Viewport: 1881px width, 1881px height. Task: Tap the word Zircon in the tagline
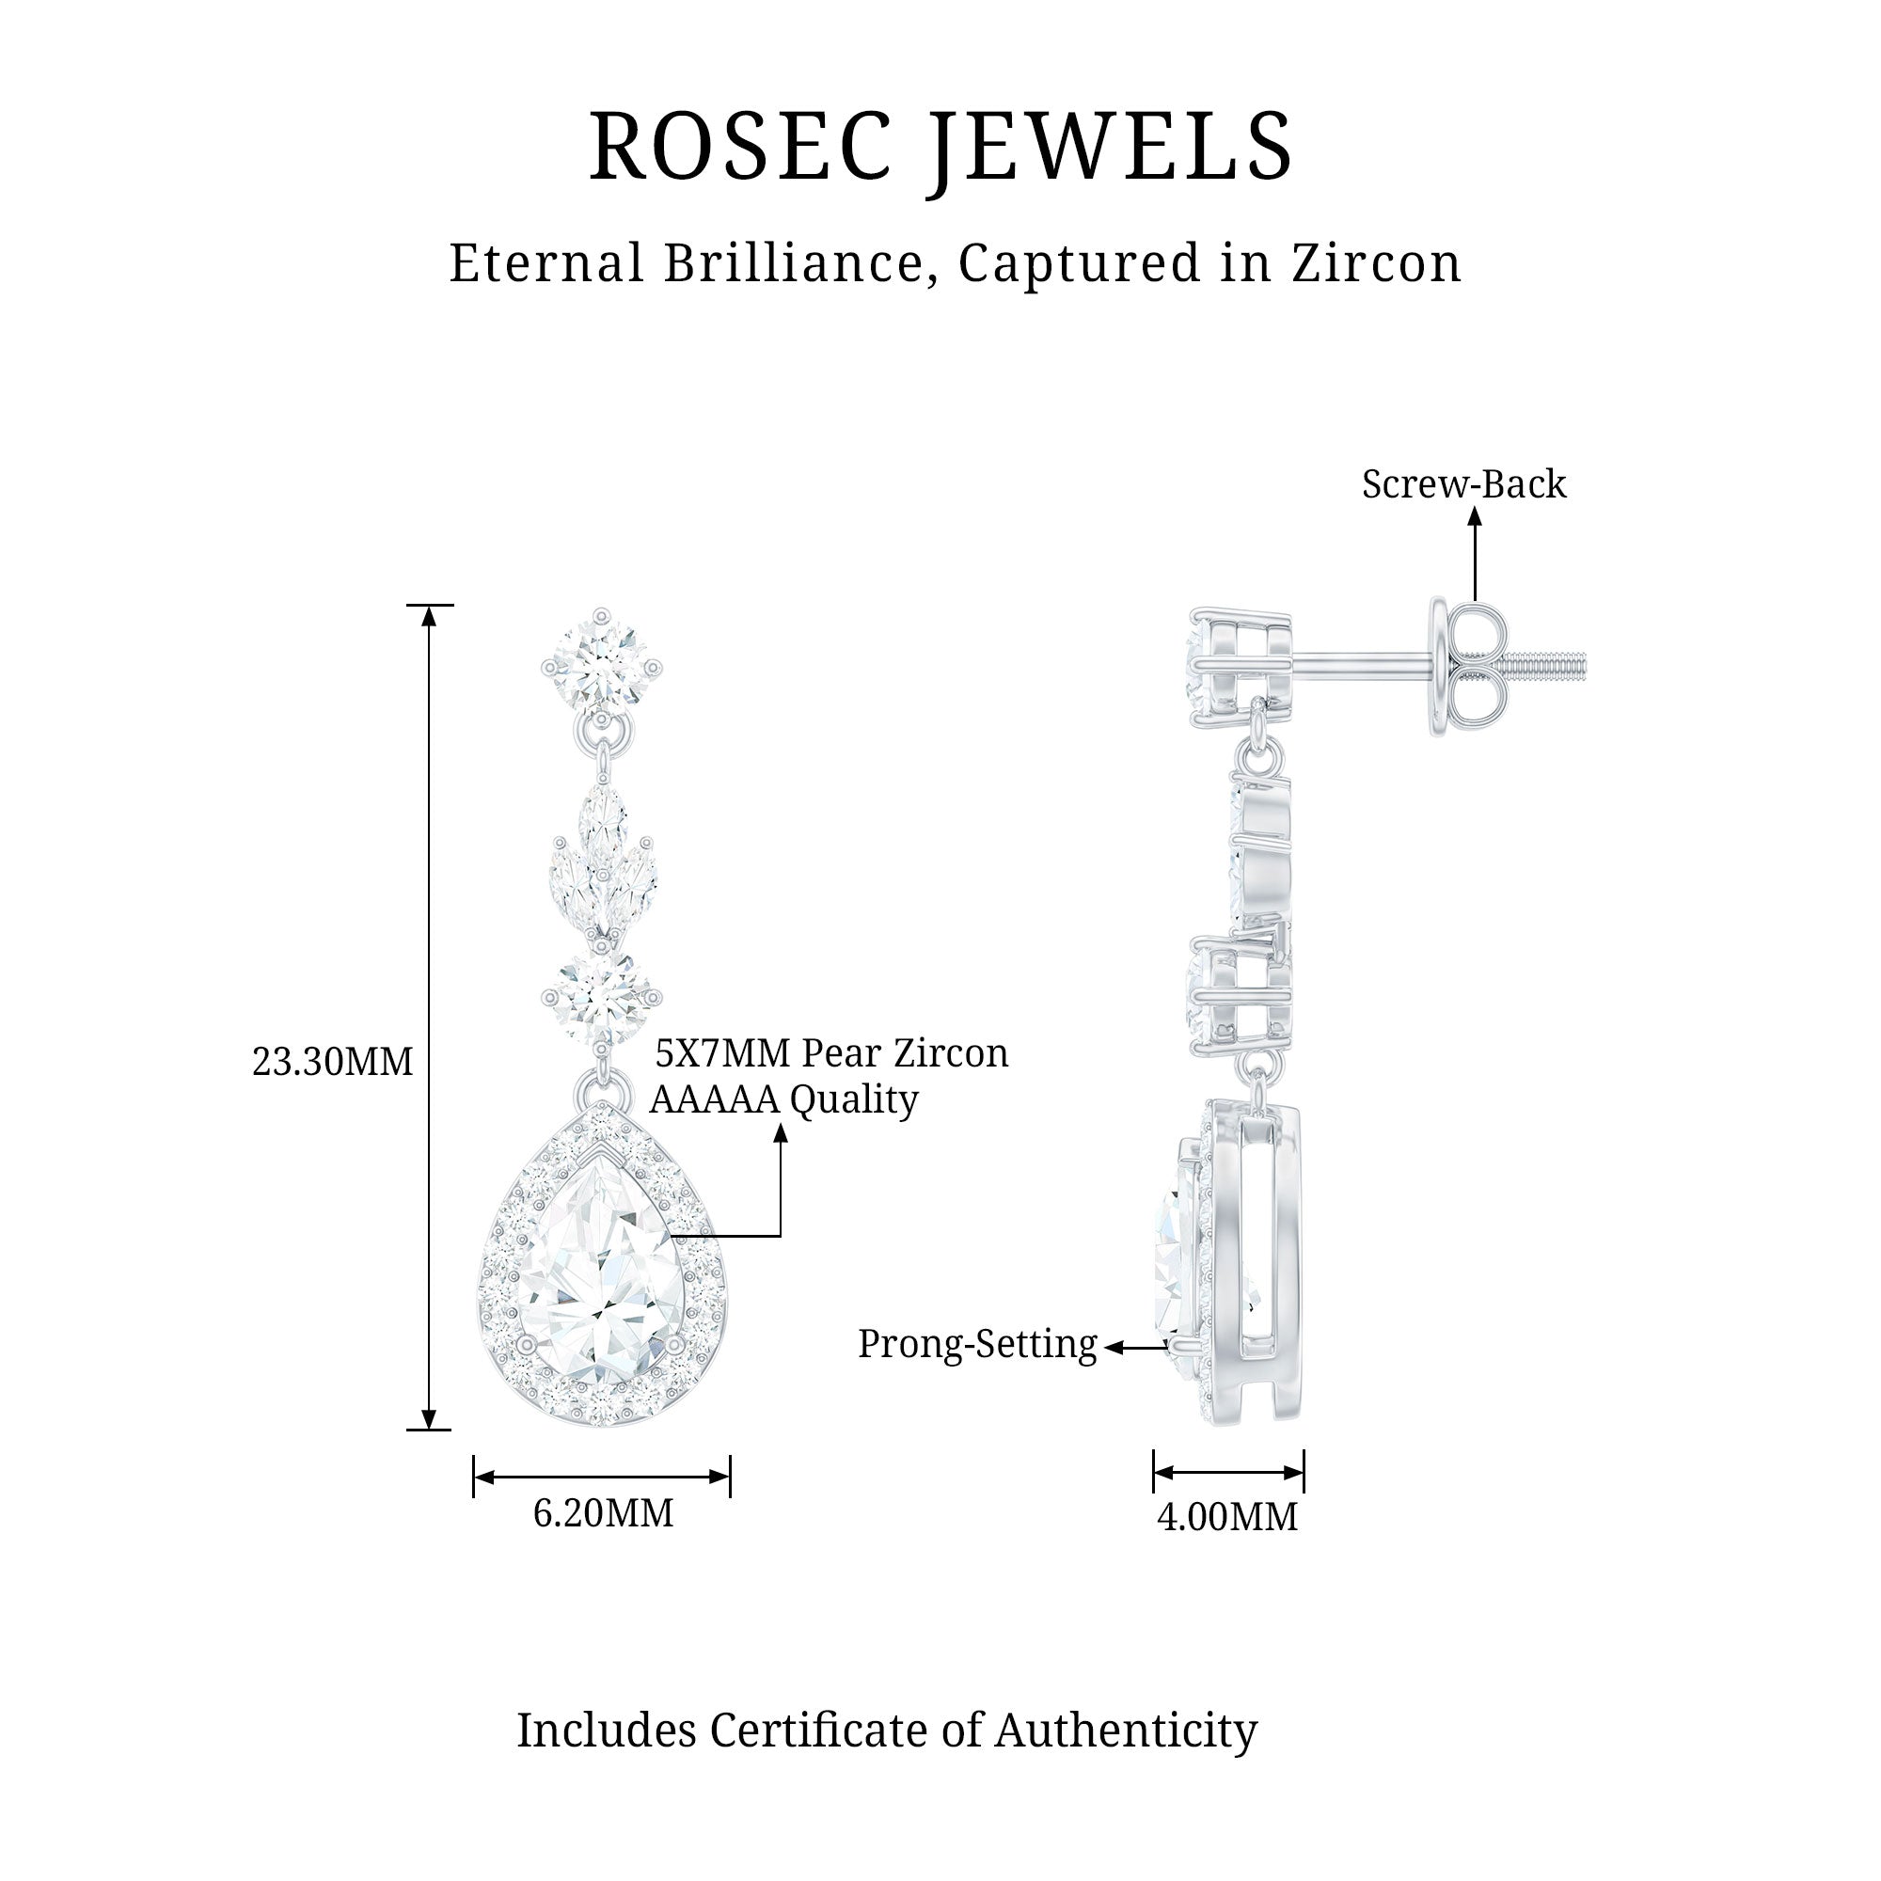click(x=1377, y=264)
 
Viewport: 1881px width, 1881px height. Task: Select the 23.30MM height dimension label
click(x=332, y=1061)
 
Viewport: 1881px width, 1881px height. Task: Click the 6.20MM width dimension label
click(x=603, y=1513)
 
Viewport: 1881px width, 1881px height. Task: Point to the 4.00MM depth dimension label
click(x=1226, y=1517)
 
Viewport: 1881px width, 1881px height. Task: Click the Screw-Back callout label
click(x=1463, y=485)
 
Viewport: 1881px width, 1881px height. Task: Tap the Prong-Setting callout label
click(x=976, y=1345)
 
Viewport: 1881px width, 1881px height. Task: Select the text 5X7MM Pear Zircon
click(x=830, y=1053)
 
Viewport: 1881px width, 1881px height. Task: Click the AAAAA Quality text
click(x=783, y=1100)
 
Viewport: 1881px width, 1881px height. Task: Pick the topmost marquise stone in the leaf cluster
click(x=603, y=815)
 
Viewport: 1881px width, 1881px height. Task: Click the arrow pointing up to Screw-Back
click(x=1475, y=555)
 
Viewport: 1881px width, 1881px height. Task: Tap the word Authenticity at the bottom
click(x=1126, y=1731)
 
